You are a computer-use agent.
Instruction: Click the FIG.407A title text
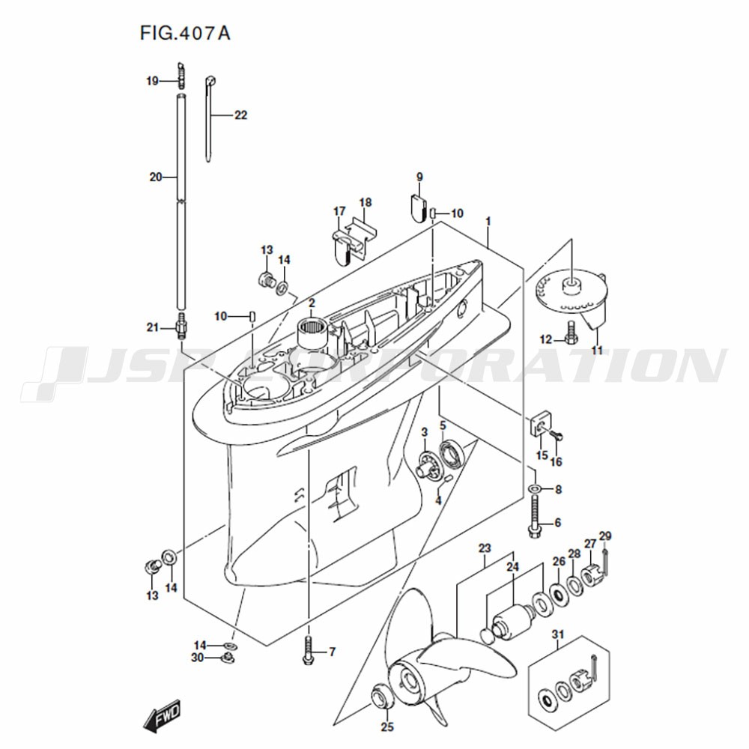click(185, 33)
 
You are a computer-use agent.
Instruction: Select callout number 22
click(240, 115)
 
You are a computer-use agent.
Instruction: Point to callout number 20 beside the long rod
click(156, 178)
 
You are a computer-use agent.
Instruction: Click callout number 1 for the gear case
click(488, 222)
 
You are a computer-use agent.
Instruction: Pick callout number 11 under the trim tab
click(597, 350)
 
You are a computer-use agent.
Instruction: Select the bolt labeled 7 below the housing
click(309, 650)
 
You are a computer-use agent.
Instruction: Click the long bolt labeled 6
click(535, 517)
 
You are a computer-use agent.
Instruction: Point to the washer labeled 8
click(535, 488)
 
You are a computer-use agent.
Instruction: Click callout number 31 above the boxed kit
click(558, 634)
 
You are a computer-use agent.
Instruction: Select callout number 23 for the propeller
click(485, 548)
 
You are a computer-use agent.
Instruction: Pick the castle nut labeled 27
click(592, 575)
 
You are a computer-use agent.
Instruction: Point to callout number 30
click(197, 658)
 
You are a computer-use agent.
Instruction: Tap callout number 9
click(419, 178)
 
